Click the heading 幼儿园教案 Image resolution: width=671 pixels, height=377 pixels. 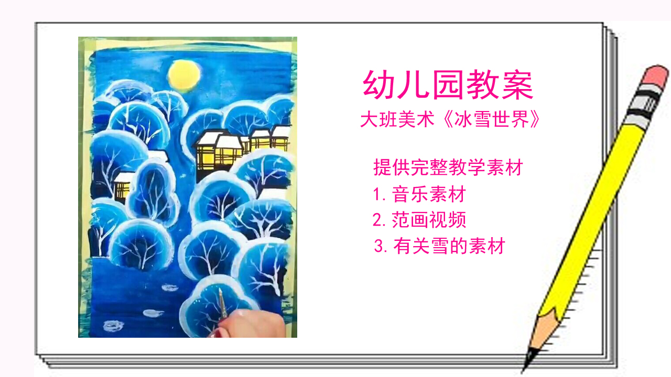[448, 85]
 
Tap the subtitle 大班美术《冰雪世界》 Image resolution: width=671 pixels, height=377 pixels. [450, 119]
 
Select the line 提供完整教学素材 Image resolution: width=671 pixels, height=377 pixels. [448, 168]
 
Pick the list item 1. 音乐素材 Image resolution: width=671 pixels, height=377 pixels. [419, 195]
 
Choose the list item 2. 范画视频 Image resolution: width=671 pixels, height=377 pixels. [419, 220]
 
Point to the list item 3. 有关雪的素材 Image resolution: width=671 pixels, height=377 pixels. [439, 246]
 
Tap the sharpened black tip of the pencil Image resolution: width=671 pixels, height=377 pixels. [528, 361]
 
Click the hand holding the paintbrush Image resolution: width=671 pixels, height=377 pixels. [246, 325]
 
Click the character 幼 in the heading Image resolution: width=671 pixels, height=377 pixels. [380, 85]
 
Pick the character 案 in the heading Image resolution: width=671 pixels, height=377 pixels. [516, 85]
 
